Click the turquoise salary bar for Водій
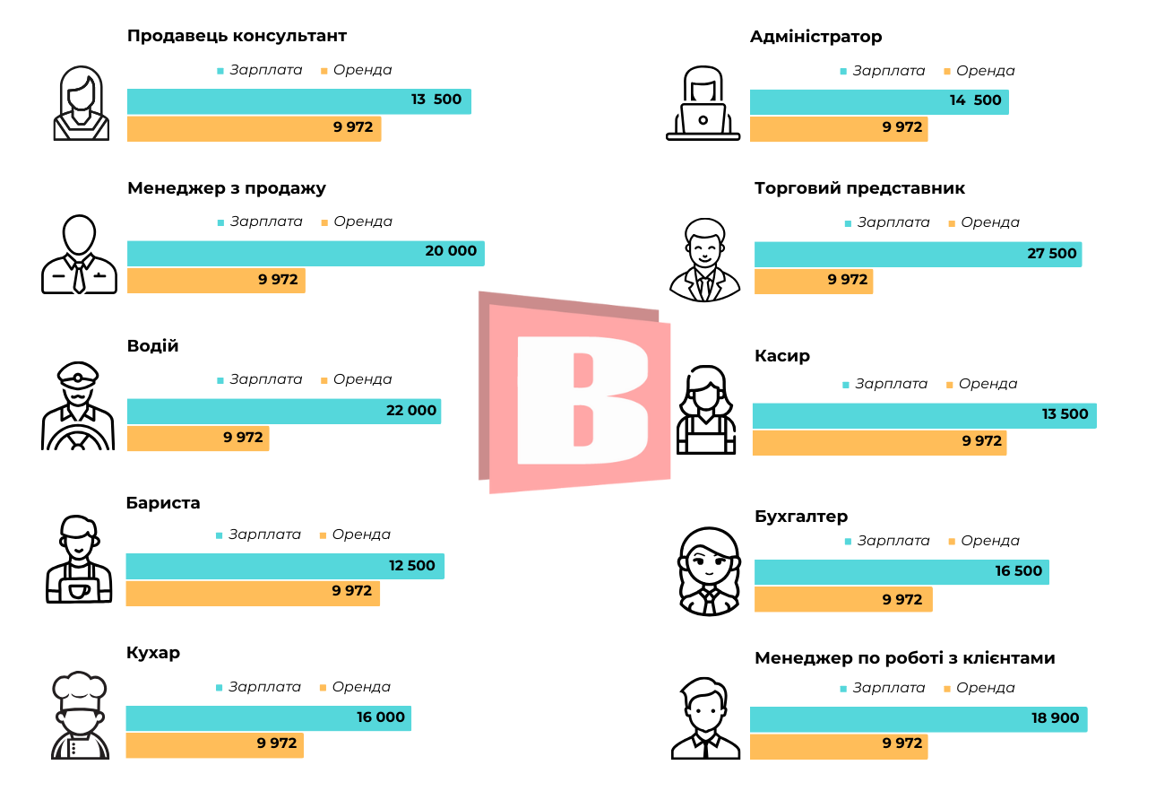click(x=283, y=411)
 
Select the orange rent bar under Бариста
click(x=253, y=593)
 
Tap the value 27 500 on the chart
click(x=1051, y=254)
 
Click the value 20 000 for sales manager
click(x=451, y=251)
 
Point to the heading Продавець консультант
click(x=237, y=37)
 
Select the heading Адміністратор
click(x=815, y=37)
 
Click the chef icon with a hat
click(x=80, y=716)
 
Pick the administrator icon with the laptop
click(x=703, y=104)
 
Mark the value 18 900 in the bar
click(x=1055, y=718)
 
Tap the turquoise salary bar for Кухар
click(x=268, y=718)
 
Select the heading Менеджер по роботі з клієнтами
click(x=904, y=658)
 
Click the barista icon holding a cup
click(x=79, y=560)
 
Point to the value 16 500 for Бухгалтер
click(x=1018, y=571)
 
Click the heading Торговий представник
click(x=859, y=188)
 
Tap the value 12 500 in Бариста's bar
click(x=411, y=566)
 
